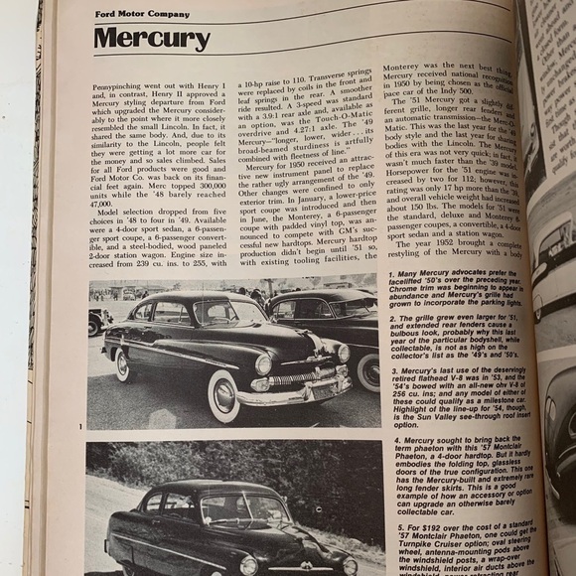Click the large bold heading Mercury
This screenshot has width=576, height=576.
pos(152,39)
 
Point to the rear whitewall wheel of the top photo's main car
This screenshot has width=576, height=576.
pos(122,364)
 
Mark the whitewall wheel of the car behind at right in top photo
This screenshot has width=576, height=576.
pos(367,371)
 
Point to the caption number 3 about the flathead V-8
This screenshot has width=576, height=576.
pos(394,367)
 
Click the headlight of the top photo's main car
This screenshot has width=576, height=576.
pos(263,364)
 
